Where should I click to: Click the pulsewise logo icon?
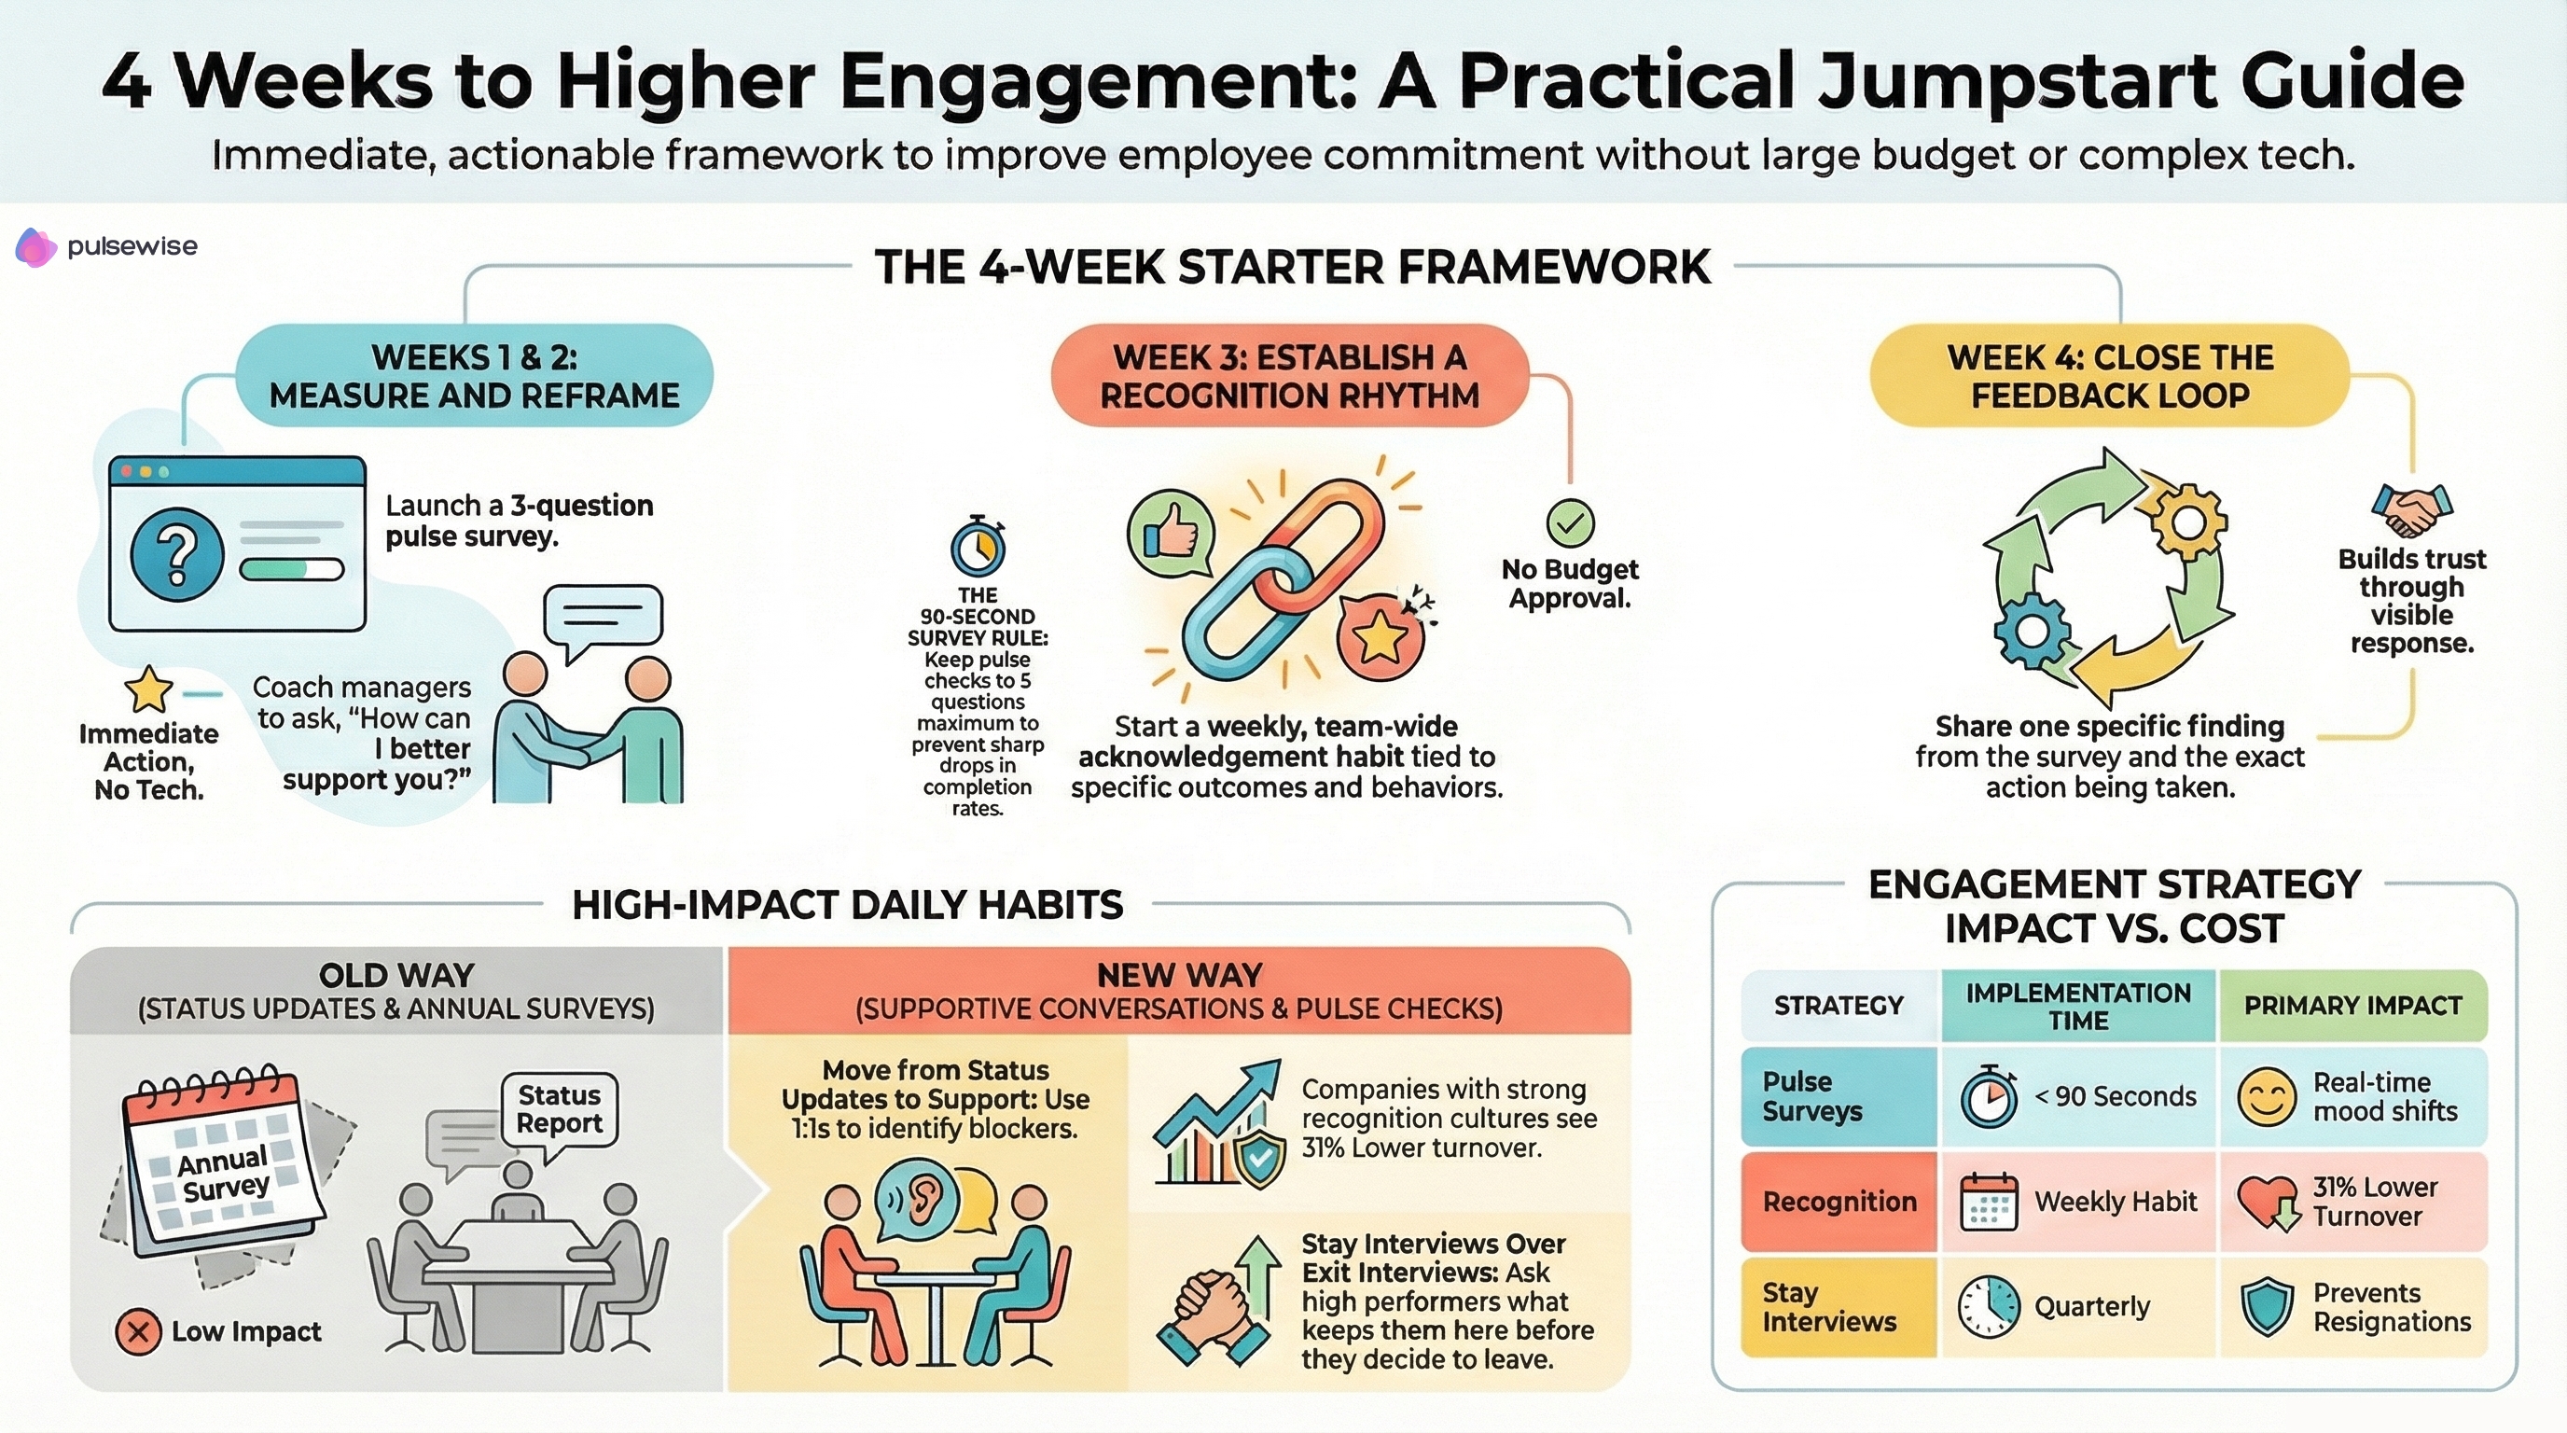35,247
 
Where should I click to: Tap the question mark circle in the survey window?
177,553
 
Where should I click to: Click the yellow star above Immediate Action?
148,689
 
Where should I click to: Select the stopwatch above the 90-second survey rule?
978,546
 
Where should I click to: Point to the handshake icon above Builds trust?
2411,510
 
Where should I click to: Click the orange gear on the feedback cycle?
2187,522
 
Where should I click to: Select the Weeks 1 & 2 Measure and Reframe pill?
475,377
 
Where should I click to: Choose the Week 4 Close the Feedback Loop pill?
2110,377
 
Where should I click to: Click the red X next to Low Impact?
138,1331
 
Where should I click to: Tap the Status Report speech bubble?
559,1109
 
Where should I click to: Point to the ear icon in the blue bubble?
918,1199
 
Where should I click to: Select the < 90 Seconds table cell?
2079,1096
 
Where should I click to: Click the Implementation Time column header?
2079,1007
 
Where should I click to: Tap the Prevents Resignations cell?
2353,1306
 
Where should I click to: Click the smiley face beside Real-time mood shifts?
2266,1097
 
